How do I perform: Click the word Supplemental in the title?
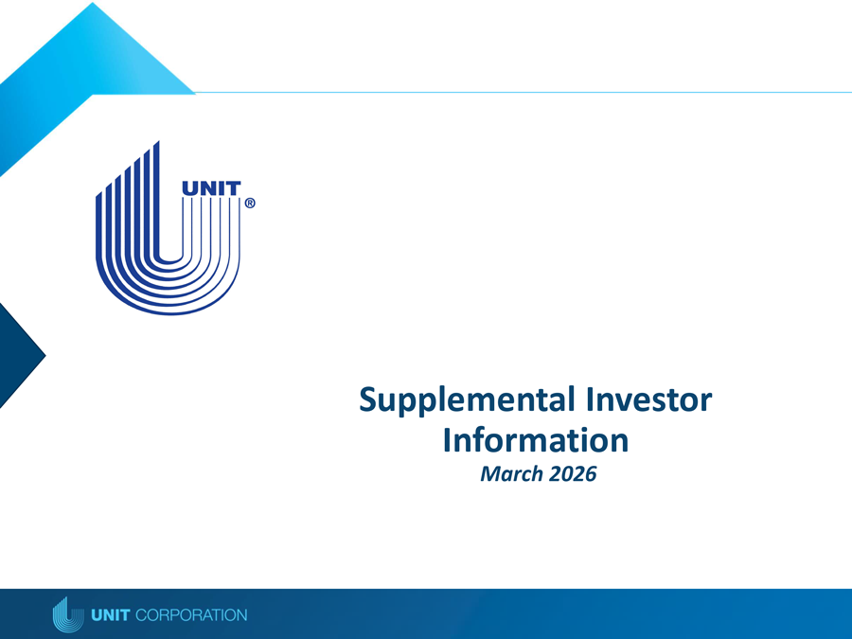(x=462, y=401)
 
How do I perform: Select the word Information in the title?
(x=535, y=440)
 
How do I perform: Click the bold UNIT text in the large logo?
(x=210, y=189)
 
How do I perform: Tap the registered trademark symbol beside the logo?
(x=250, y=204)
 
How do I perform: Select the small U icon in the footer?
(x=63, y=614)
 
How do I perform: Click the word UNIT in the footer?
(x=112, y=615)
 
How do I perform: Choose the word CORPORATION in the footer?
(x=192, y=615)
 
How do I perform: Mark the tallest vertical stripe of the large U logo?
(x=155, y=199)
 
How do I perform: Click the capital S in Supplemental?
(x=370, y=401)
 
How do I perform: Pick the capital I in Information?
(x=448, y=440)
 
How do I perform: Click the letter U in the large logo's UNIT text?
(x=189, y=189)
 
